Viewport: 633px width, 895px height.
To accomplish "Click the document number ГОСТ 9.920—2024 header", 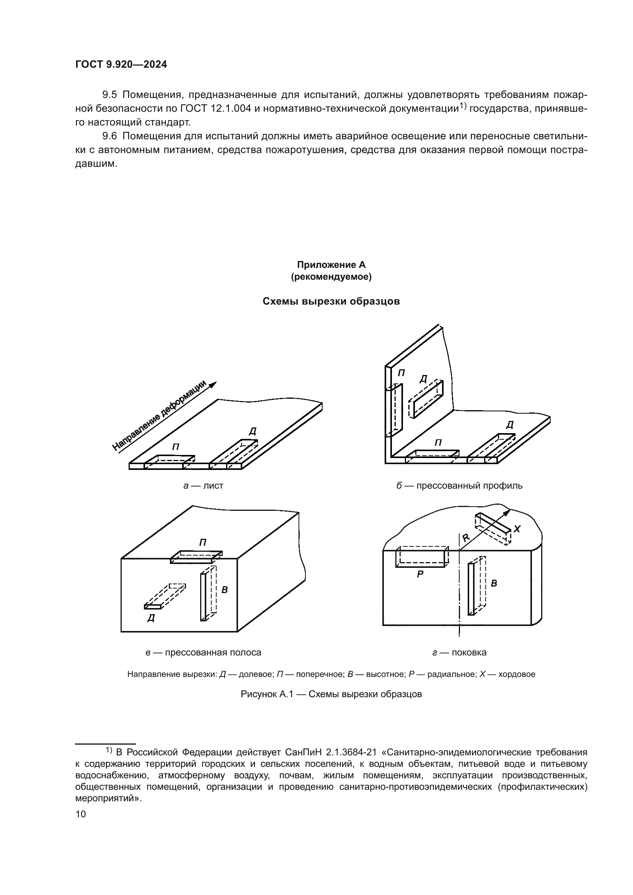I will click(121, 65).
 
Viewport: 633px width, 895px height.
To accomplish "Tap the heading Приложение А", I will click(331, 265).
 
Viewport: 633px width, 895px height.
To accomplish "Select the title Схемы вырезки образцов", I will click(331, 301).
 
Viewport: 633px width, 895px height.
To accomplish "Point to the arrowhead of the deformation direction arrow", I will click(213, 384).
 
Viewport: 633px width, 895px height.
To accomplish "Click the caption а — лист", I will click(203, 486).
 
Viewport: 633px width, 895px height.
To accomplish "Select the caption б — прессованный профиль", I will click(459, 486).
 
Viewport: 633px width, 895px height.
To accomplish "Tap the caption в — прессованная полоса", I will click(203, 652).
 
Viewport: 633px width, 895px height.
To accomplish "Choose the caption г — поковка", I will click(459, 652).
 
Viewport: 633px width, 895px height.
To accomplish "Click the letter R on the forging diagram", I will click(466, 538).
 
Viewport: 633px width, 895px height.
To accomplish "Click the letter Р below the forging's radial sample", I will click(420, 574).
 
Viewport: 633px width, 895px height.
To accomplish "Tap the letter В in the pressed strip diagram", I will click(225, 590).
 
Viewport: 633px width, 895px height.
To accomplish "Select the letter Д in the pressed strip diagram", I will click(151, 618).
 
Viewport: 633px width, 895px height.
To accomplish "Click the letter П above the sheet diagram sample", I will click(176, 447).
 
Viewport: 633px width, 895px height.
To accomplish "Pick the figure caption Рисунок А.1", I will click(331, 694).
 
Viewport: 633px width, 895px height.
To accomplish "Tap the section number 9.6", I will click(109, 136).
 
